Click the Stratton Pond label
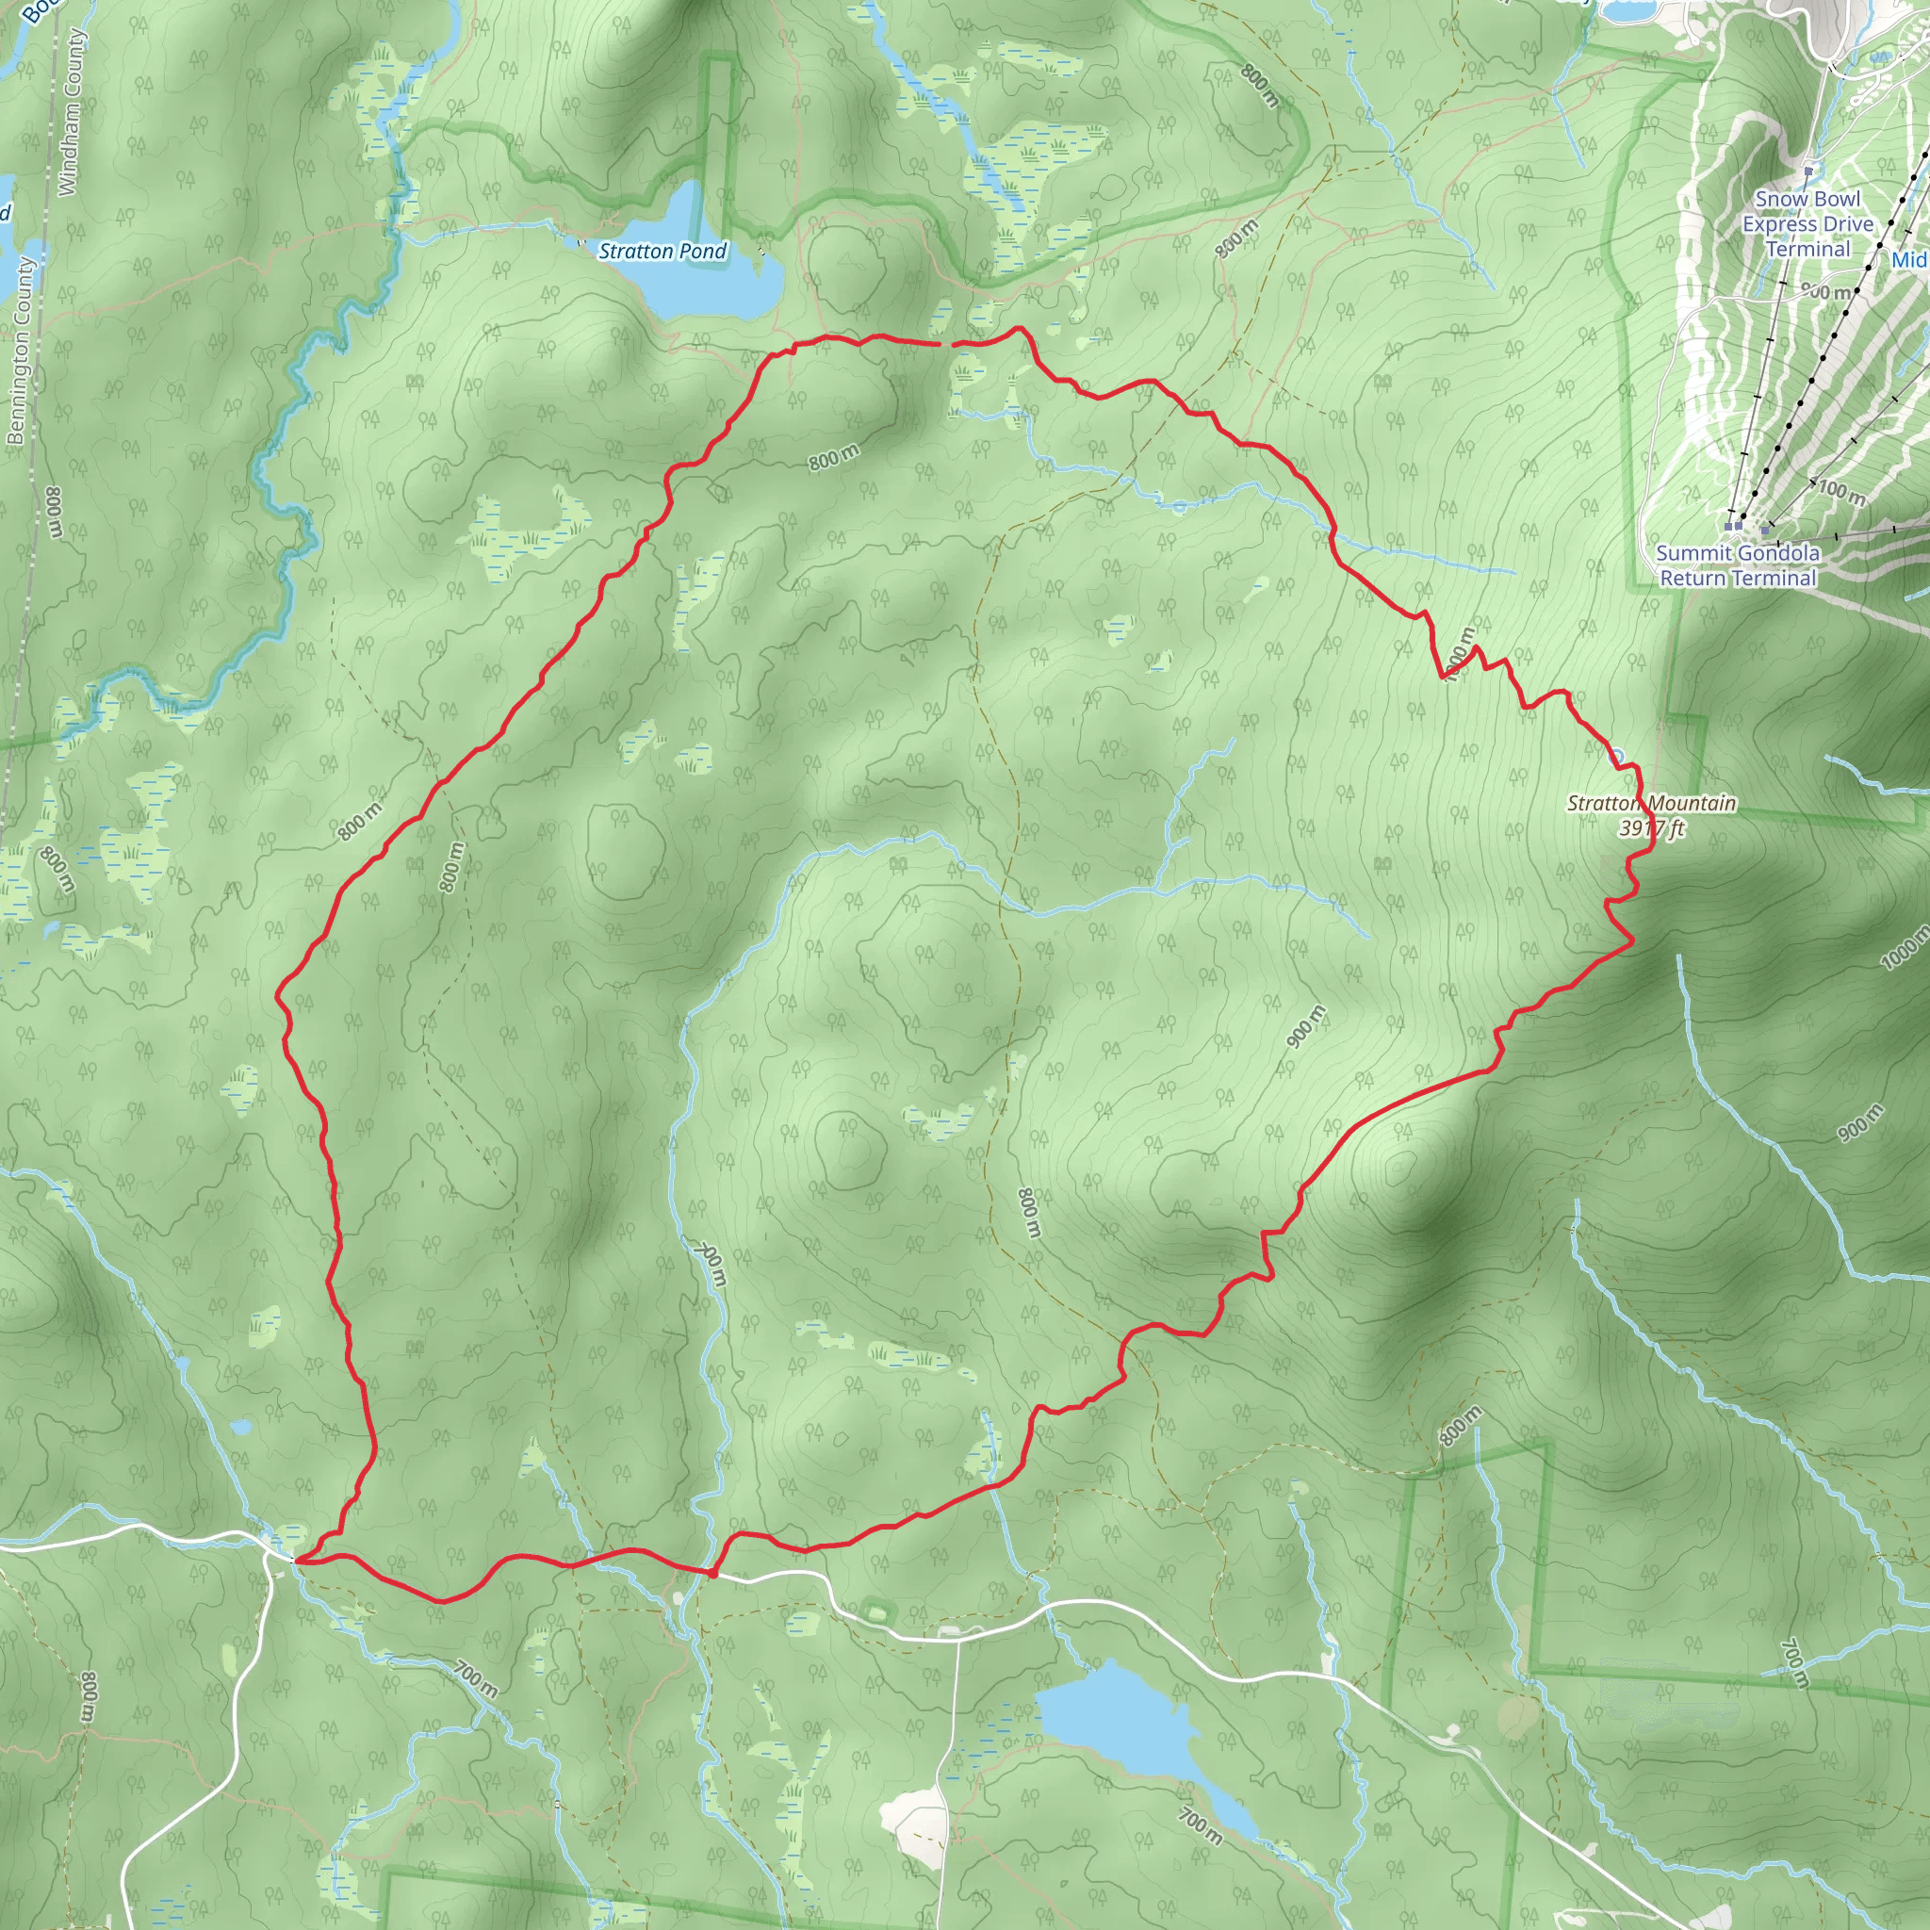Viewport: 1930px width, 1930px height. tap(662, 251)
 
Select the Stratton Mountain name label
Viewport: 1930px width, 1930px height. tap(1651, 803)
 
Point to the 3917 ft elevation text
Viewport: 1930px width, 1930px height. tap(1652, 828)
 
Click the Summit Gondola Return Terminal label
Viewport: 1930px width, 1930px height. tap(1737, 565)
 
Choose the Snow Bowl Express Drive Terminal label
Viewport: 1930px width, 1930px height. tap(1808, 223)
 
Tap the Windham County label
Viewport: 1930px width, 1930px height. tap(70, 110)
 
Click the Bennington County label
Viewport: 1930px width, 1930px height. tap(20, 350)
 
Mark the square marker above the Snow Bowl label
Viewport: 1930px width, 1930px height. tap(1808, 172)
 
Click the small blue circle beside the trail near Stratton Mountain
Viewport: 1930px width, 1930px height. tap(1616, 756)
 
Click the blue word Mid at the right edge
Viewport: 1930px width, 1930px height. tap(1910, 260)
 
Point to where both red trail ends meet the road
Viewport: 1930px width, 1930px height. tap(296, 1559)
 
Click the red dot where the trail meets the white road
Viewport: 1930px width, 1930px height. tap(712, 1575)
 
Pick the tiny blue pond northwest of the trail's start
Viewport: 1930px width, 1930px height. tap(240, 1427)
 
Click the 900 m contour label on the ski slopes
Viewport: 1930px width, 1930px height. tap(1827, 292)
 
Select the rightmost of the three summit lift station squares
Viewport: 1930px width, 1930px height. tap(1765, 530)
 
